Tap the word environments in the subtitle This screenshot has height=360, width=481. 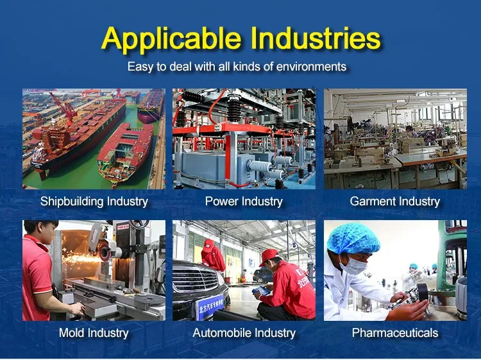pos(311,66)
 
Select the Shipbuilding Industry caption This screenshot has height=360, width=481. pos(94,201)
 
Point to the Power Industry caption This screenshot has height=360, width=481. pos(244,201)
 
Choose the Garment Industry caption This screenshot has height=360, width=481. pos(395,201)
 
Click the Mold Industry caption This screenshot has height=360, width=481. pos(94,333)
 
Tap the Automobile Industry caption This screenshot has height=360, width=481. pos(244,333)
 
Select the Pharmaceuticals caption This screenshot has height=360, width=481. pos(395,332)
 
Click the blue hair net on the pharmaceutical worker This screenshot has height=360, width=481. pos(353,238)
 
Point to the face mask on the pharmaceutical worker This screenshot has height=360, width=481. pos(354,265)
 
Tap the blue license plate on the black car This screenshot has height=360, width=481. pos(210,306)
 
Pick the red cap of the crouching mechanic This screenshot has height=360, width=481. pos(269,255)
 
